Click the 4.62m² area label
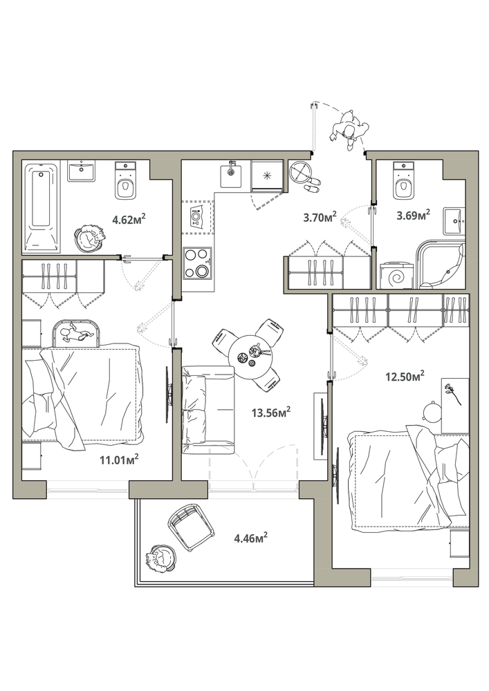(129, 218)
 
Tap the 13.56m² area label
(270, 413)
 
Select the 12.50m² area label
(405, 376)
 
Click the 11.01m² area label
(120, 460)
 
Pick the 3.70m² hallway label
(320, 216)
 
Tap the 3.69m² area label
(413, 216)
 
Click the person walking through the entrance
(349, 131)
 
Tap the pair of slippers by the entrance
(313, 184)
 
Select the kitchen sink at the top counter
(230, 175)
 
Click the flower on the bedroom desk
(453, 392)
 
